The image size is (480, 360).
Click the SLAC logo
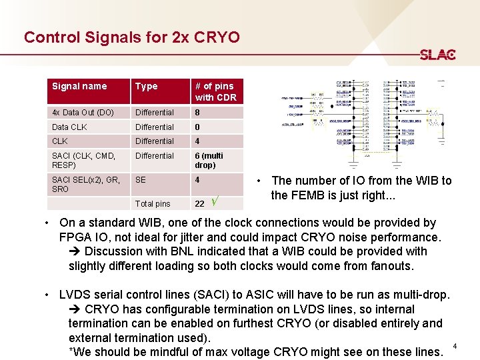438,55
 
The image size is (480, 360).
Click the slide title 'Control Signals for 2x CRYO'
131,37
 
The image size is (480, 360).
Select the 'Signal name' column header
79,86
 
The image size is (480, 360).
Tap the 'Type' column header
146,86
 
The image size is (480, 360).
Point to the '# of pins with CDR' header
214,91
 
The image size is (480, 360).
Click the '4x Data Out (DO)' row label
83,113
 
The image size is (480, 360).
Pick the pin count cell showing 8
197,113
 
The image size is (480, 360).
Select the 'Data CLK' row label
69,127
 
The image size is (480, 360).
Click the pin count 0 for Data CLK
197,127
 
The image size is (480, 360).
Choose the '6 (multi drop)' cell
209,160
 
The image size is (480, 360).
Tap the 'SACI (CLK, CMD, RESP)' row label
83,160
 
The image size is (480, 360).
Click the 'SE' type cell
141,179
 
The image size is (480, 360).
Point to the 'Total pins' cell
153,203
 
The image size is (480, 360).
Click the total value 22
199,203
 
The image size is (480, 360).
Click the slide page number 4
455,346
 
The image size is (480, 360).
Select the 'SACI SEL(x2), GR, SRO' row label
86,184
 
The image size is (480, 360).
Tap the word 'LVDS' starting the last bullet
75,295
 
